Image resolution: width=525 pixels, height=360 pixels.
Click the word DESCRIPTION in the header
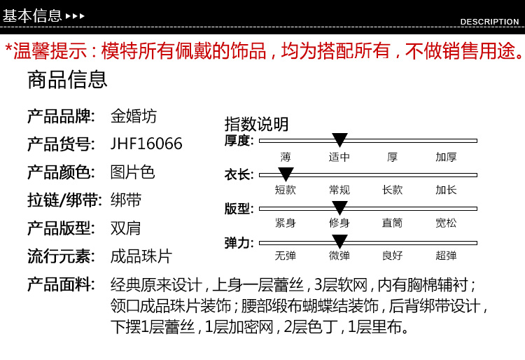coord(489,22)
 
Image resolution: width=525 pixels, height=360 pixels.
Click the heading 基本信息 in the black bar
coord(32,15)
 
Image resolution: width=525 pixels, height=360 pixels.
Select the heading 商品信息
coord(67,80)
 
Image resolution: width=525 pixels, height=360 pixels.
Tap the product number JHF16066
coord(146,144)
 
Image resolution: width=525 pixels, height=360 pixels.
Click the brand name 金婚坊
coord(134,116)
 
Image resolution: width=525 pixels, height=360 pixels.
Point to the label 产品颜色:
coord(61,172)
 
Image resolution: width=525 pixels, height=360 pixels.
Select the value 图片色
coord(132,172)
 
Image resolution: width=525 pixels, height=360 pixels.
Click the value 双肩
coord(126,228)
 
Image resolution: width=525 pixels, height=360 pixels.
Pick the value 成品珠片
coord(141,256)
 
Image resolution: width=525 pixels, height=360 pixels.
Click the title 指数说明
coord(256,124)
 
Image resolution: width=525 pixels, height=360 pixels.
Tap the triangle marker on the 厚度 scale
coord(339,140)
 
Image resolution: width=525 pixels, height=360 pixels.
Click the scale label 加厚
coord(446,157)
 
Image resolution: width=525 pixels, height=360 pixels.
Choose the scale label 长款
coord(392,190)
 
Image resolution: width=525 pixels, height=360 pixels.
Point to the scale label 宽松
coord(446,223)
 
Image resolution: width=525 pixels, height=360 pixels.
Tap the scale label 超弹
coord(446,256)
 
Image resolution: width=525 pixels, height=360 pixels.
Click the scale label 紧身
coord(285,223)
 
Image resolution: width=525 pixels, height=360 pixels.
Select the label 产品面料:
coord(61,284)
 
